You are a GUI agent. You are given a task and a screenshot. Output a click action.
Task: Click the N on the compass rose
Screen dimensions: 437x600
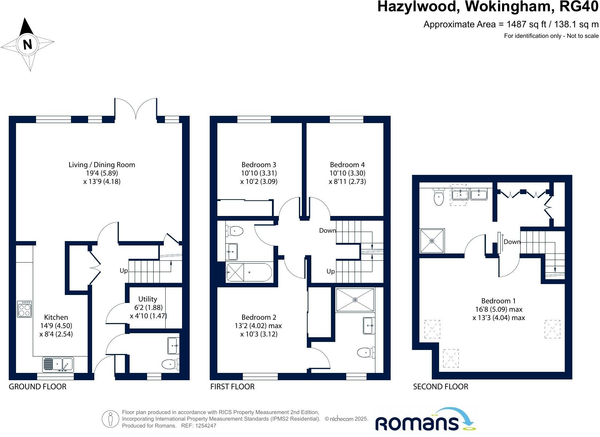point(28,44)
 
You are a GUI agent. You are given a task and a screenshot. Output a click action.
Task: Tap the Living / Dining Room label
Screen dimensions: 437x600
point(102,165)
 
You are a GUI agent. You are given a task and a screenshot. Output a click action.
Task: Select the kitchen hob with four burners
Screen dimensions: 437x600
point(24,309)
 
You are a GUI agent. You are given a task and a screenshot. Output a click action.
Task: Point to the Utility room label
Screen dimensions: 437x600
point(147,299)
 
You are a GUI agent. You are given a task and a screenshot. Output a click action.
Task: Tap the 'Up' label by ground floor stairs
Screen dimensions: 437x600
point(124,271)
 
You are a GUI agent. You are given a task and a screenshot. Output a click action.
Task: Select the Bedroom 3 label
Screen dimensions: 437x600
point(258,165)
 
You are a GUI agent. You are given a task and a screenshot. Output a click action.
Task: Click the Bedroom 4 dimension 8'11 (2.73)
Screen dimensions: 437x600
point(347,181)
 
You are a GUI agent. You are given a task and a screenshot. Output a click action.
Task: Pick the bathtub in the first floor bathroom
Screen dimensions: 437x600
point(249,272)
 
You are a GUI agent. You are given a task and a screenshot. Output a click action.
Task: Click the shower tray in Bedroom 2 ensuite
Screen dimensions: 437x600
point(355,300)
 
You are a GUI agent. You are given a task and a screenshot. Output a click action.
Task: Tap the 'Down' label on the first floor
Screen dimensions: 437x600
point(327,231)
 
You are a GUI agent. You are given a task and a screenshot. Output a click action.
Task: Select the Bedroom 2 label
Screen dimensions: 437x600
point(258,317)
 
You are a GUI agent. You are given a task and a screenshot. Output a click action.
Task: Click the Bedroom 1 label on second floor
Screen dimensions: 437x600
point(498,301)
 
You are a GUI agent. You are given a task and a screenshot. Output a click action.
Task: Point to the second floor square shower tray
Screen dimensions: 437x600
point(432,241)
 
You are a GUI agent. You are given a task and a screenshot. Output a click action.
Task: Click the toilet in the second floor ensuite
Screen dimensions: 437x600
point(439,197)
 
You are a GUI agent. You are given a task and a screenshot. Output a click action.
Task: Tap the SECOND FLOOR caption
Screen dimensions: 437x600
point(441,386)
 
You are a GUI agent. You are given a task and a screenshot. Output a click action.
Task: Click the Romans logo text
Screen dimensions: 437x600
point(417,424)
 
